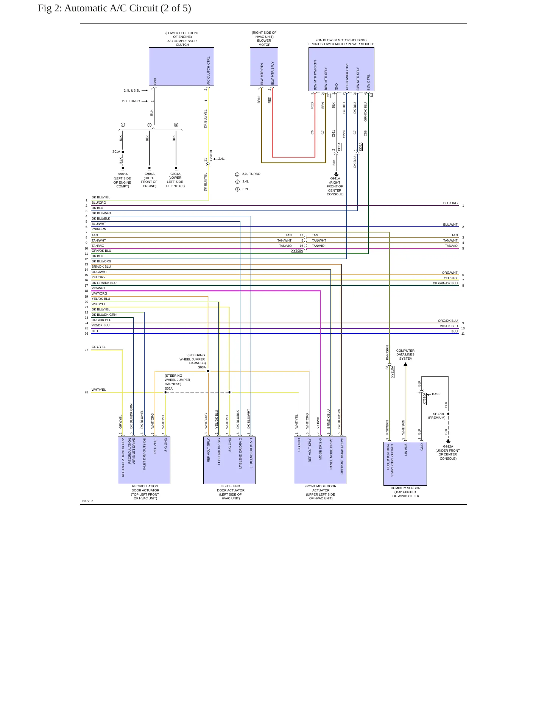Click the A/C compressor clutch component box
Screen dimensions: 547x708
point(181,67)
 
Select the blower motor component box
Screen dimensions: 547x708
point(264,67)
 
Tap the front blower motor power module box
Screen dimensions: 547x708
point(341,69)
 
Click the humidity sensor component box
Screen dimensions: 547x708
point(405,464)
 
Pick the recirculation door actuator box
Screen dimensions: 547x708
point(144,460)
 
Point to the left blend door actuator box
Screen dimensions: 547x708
point(229,460)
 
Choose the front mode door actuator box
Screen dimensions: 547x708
point(320,460)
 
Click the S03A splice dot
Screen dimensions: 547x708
point(208,371)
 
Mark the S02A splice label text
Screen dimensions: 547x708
point(168,388)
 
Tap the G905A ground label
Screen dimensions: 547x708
point(123,175)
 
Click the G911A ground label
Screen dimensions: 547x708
point(335,178)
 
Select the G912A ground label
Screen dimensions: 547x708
point(448,446)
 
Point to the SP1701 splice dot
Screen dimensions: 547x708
point(448,414)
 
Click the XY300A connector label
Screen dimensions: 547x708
point(297,251)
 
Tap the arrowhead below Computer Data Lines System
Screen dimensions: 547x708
point(405,364)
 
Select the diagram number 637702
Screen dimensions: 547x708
point(88,501)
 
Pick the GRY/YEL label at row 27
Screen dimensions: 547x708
point(98,347)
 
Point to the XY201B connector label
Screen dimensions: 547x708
point(211,156)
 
